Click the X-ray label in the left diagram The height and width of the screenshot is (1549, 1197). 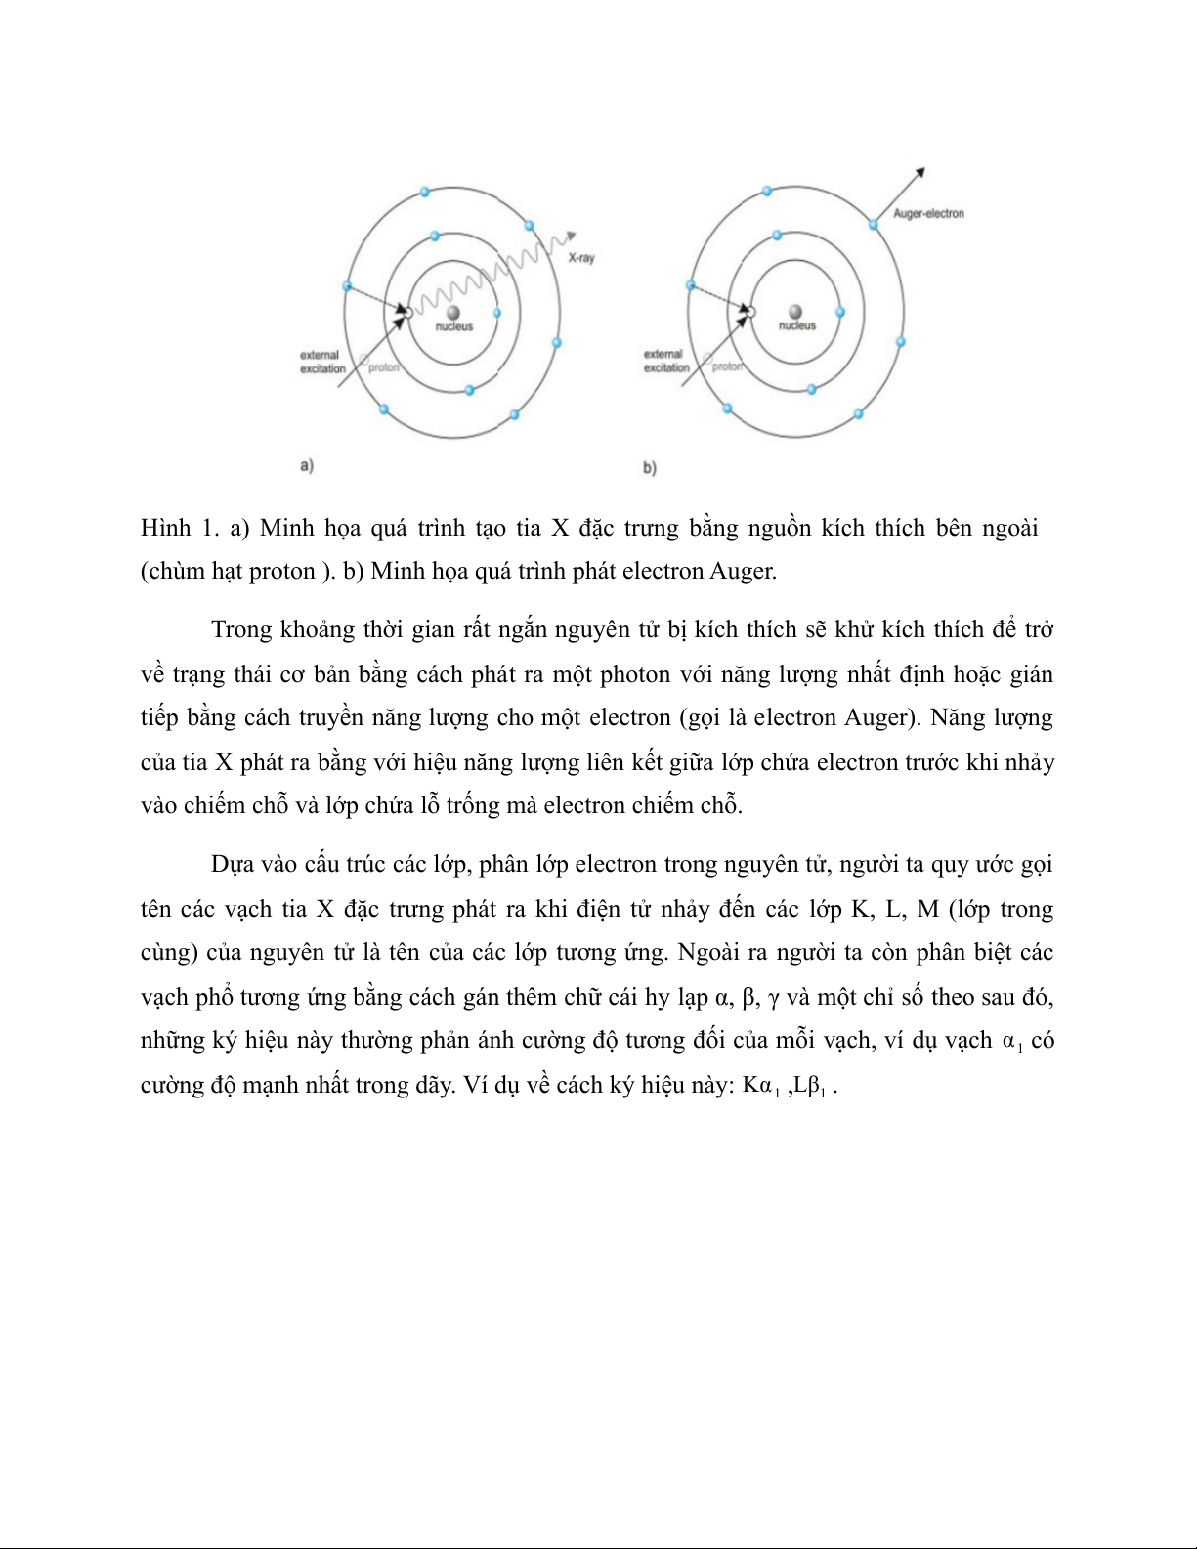[581, 258]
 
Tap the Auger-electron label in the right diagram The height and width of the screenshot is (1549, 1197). [928, 213]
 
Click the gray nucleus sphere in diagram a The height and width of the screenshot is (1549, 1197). [453, 312]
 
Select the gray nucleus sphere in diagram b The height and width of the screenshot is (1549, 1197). [796, 312]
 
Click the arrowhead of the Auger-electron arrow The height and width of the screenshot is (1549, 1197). [919, 174]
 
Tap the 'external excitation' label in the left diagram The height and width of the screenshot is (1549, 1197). [322, 362]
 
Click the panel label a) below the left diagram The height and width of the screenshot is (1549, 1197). [307, 465]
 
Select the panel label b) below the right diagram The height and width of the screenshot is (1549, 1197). [650, 467]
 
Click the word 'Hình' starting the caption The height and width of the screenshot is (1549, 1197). [165, 528]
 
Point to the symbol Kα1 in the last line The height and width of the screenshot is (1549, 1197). [760, 1085]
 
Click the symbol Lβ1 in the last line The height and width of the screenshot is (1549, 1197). [810, 1085]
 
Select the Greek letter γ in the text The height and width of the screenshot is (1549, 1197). [773, 998]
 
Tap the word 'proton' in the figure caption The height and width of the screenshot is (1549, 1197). [282, 572]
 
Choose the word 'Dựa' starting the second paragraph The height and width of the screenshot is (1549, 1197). [233, 865]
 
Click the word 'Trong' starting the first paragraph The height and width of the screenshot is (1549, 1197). [241, 629]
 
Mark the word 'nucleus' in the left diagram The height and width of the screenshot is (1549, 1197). [454, 327]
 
